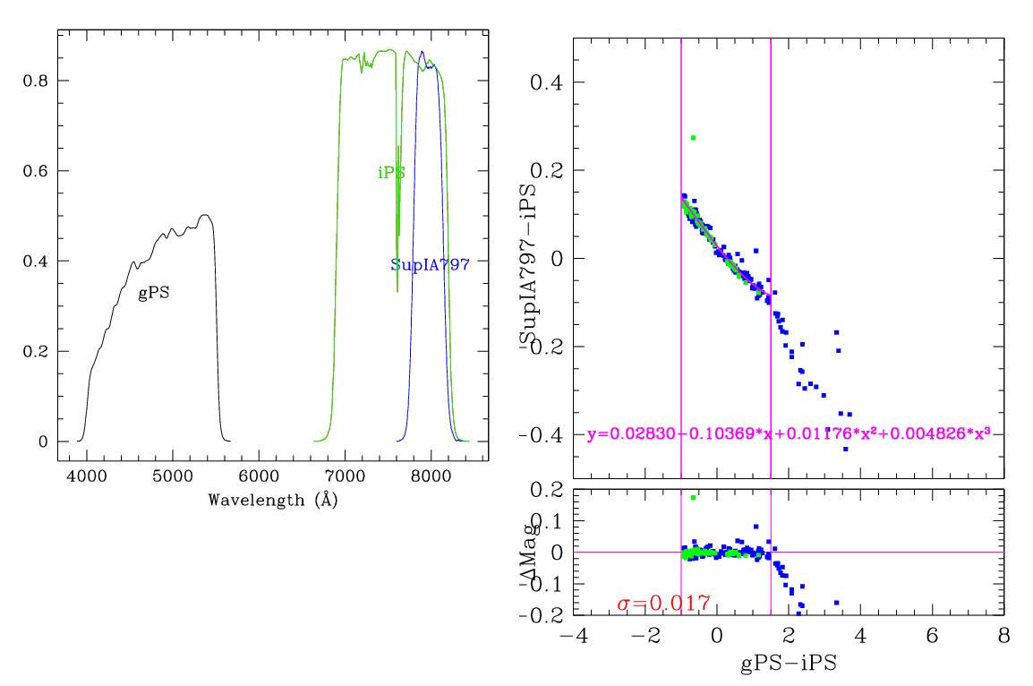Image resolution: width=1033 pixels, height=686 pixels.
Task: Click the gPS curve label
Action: [154, 293]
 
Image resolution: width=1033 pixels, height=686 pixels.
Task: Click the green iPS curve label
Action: [391, 173]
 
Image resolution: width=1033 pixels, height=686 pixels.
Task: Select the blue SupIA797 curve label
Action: [430, 265]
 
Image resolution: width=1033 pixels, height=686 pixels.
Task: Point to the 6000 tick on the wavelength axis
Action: [259, 477]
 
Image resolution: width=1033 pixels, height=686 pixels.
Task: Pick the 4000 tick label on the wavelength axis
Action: [86, 477]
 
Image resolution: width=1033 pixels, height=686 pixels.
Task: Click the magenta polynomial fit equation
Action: [788, 434]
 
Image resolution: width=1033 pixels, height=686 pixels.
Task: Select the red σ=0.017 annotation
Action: [663, 604]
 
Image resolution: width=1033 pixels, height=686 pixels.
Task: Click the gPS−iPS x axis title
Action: [788, 666]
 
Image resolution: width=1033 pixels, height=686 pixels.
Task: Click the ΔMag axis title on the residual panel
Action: [530, 553]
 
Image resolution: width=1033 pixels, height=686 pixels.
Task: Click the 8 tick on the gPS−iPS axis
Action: [1003, 636]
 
